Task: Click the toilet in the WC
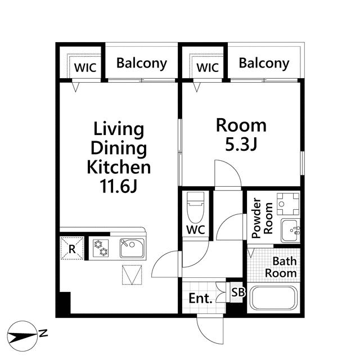[195, 208]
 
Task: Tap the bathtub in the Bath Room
[273, 298]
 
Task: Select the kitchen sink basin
[132, 248]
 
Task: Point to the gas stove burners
[101, 248]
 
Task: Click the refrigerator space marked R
[72, 249]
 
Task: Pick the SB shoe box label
[238, 292]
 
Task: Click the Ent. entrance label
[200, 298]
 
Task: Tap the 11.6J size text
[119, 186]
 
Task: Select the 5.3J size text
[241, 145]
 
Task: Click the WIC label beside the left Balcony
[85, 67]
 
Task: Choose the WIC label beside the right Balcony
[208, 67]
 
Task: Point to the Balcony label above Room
[264, 64]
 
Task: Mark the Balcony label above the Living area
[142, 64]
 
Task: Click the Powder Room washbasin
[290, 231]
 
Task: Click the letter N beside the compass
[43, 333]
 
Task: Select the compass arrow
[22, 336]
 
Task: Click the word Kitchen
[119, 168]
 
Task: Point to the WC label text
[196, 229]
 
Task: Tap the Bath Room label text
[281, 267]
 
